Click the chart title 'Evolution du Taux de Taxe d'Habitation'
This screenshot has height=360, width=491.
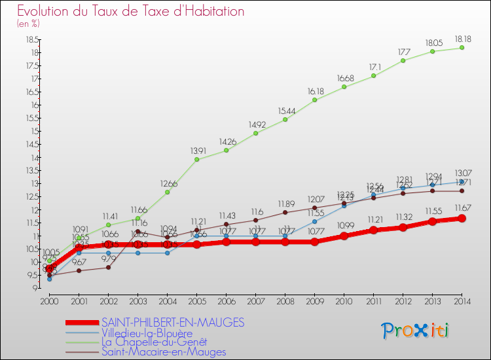130,12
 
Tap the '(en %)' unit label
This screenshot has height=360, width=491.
28,24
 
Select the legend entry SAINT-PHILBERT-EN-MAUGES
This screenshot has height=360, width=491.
173,322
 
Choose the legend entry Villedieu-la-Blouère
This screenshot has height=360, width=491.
147,333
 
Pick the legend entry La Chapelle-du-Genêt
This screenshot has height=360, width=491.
154,342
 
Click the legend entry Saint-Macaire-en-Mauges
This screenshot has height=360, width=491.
164,351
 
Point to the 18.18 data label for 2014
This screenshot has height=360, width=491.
462,38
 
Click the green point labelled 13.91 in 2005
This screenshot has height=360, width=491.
196,159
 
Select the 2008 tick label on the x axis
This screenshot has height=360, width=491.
285,301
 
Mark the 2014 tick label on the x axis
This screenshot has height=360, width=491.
462,301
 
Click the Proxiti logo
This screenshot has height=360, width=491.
416,330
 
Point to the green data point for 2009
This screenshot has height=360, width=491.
314,99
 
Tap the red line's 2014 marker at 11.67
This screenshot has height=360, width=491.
462,218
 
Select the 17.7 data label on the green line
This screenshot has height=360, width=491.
403,51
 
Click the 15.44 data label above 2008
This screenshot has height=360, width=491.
285,110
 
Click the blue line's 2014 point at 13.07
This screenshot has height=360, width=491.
462,181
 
